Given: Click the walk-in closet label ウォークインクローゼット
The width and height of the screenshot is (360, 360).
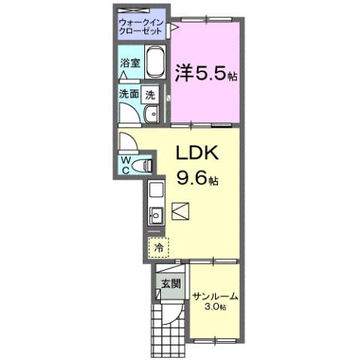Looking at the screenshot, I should coord(141,28).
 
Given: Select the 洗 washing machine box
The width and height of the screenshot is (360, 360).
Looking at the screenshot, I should coord(151,95).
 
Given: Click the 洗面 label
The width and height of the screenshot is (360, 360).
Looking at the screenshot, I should coord(129,95).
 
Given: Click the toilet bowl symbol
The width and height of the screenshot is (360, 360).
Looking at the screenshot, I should coord(146,164).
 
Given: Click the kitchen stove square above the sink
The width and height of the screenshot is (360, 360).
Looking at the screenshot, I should coord(156,190).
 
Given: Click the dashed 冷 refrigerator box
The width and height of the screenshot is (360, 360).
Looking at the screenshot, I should coord(159,247).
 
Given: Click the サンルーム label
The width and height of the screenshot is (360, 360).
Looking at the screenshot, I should coord(214,296).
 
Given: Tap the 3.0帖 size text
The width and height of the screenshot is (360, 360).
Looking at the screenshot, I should coord(216,308).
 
